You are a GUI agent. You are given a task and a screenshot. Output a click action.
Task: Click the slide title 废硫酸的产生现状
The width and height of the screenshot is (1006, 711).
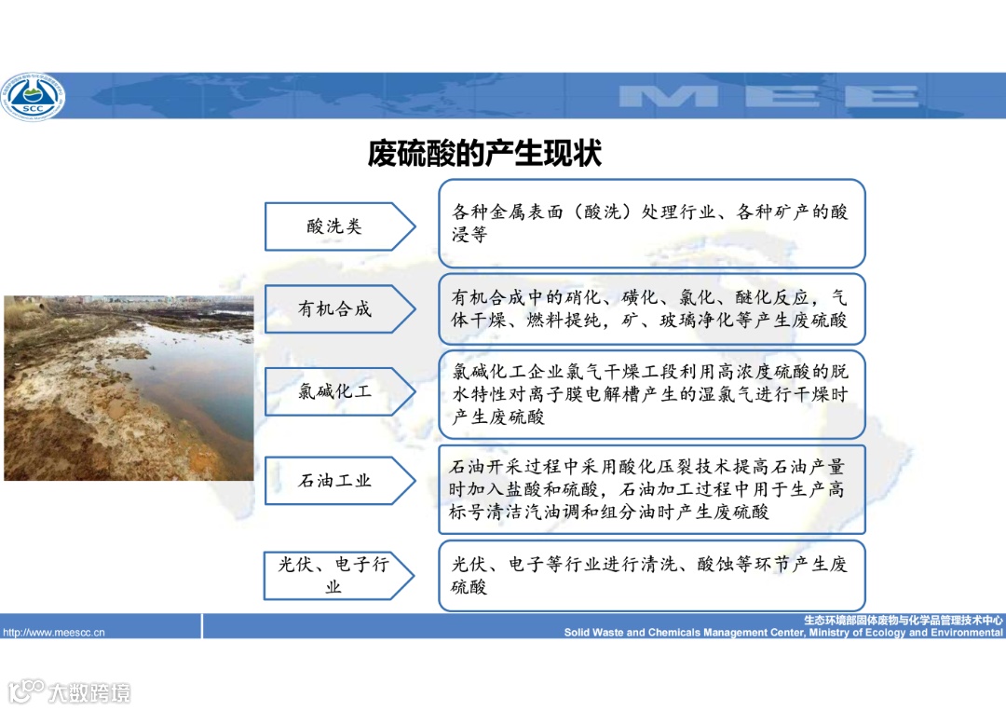[484, 153]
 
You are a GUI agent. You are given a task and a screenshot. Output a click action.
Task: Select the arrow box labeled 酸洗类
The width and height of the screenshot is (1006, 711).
[335, 226]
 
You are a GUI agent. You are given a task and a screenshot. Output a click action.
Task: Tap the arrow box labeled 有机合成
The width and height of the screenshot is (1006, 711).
[335, 308]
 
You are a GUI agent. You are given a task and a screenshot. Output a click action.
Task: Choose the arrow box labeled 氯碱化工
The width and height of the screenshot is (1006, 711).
[335, 391]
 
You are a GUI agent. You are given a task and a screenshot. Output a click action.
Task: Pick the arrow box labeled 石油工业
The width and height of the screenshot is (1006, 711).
[335, 481]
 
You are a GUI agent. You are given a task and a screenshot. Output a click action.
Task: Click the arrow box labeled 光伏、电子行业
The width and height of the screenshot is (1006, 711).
[335, 575]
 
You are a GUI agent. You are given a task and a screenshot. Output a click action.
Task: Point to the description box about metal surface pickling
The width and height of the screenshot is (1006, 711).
[652, 224]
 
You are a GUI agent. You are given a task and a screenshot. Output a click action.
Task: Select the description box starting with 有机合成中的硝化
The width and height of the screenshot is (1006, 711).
[652, 309]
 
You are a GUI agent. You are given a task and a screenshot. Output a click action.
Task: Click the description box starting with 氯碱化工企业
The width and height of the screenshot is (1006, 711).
[652, 394]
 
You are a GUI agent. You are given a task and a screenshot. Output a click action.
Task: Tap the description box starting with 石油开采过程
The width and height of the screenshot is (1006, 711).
[652, 489]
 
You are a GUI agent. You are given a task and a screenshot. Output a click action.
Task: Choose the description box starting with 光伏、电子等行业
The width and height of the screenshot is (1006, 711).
[652, 575]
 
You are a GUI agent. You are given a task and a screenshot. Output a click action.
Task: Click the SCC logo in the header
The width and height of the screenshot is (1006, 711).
[33, 96]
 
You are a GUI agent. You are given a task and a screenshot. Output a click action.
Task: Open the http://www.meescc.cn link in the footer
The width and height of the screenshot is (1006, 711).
[54, 633]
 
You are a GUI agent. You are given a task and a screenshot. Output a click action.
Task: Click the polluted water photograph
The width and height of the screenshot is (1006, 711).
[129, 388]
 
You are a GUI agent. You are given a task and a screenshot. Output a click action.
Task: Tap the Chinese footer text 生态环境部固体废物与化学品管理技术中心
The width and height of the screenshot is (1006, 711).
[904, 620]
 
